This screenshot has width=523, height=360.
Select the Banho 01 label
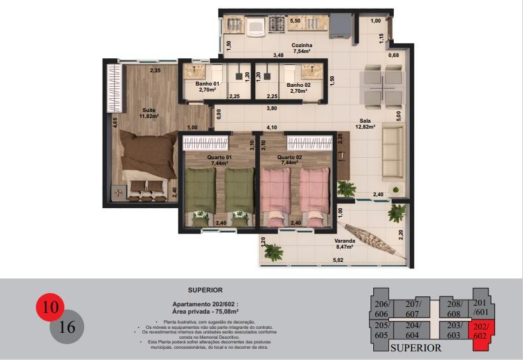207,84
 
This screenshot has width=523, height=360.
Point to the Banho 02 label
298,85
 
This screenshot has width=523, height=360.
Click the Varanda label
345,241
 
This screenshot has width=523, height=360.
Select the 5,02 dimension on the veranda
337,260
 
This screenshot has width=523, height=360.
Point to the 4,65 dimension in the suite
115,123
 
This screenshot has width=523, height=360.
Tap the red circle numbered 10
50,308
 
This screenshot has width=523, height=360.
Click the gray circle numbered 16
67,326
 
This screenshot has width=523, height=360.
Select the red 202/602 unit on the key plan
481,330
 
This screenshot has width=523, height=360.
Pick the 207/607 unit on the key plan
412,309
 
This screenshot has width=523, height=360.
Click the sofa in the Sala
392,153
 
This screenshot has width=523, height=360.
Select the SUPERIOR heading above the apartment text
205,290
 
